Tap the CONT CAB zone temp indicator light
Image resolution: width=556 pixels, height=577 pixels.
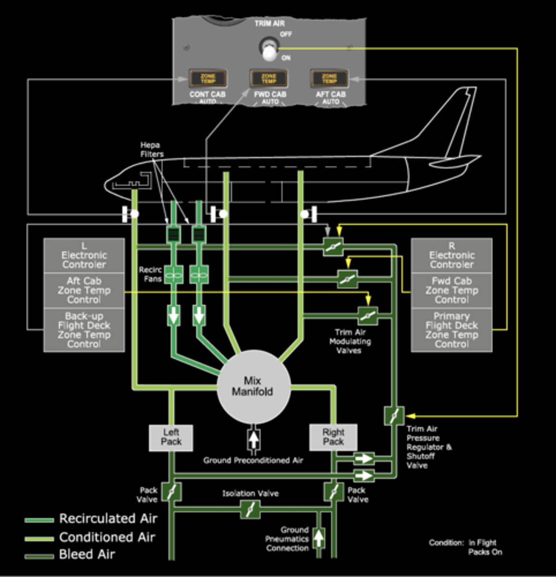[x=208, y=78]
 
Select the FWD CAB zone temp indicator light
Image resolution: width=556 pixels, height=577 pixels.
[x=269, y=78]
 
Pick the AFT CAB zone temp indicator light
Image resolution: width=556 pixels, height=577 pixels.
[x=329, y=78]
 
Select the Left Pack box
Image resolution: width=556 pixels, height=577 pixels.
[x=171, y=437]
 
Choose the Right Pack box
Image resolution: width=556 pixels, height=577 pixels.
[x=333, y=437]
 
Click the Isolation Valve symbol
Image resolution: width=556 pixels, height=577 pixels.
[x=250, y=509]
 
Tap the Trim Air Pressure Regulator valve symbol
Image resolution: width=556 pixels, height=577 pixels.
[x=394, y=415]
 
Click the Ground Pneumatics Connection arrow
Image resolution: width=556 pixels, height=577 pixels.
[x=318, y=538]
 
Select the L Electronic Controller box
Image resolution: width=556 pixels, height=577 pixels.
[x=84, y=255]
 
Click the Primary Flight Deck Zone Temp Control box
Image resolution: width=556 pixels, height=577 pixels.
[x=451, y=330]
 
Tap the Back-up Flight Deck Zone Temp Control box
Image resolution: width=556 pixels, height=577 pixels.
[x=84, y=330]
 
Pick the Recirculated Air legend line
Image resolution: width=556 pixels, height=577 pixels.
[x=39, y=520]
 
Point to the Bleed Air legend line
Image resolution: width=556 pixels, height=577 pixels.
[x=39, y=556]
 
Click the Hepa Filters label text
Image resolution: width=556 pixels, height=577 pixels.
[x=152, y=150]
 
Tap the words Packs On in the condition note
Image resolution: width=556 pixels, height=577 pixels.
[x=485, y=552]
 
